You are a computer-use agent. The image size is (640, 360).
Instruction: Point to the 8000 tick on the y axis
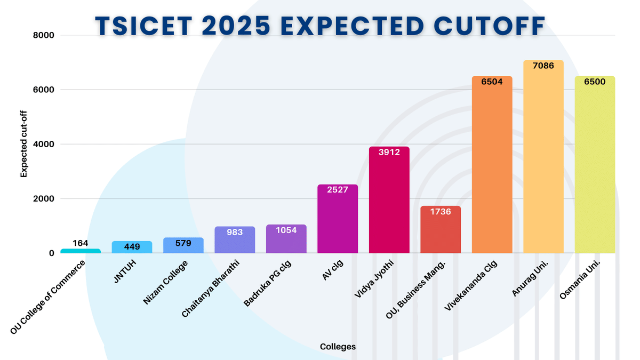tap(44, 35)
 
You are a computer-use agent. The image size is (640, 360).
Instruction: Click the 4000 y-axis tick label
tap(44, 144)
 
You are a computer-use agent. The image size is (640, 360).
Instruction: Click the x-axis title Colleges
tap(338, 347)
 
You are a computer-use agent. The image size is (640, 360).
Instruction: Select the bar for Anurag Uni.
tap(543, 160)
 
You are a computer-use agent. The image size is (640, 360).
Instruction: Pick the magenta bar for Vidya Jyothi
tap(389, 203)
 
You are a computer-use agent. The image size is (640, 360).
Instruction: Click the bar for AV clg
tap(338, 221)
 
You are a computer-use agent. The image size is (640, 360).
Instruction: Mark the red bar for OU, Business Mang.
tap(441, 232)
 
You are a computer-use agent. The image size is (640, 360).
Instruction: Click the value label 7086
tap(543, 66)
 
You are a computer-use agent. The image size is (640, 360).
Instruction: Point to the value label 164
tap(80, 243)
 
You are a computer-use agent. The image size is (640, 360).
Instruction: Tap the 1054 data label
tap(286, 230)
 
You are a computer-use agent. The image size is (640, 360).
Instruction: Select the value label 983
tap(235, 232)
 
